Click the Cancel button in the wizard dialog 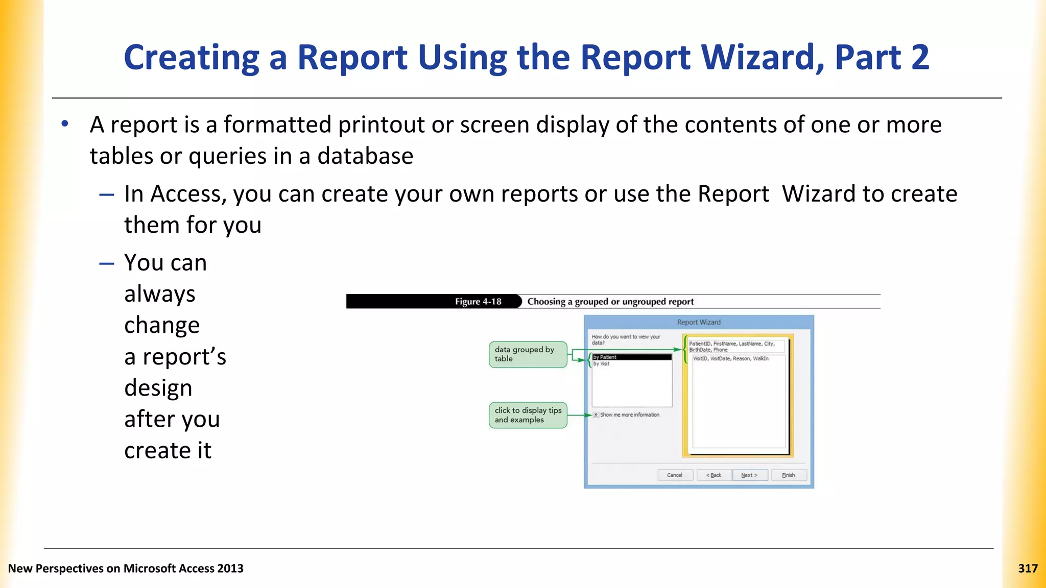pyautogui.click(x=675, y=475)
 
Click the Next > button pyautogui.click(x=749, y=475)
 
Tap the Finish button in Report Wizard pyautogui.click(x=789, y=475)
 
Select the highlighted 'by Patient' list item pyautogui.click(x=631, y=357)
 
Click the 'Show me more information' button pyautogui.click(x=596, y=415)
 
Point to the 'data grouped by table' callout pyautogui.click(x=528, y=354)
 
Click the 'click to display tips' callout pyautogui.click(x=528, y=415)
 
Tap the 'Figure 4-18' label pyautogui.click(x=478, y=302)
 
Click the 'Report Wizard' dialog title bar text pyautogui.click(x=699, y=323)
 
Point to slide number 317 pyautogui.click(x=1028, y=569)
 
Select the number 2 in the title pyautogui.click(x=920, y=57)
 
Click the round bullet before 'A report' pyautogui.click(x=65, y=124)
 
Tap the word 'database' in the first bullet pyautogui.click(x=365, y=156)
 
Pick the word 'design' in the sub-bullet pyautogui.click(x=158, y=388)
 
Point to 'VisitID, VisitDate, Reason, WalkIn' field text pyautogui.click(x=730, y=359)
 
